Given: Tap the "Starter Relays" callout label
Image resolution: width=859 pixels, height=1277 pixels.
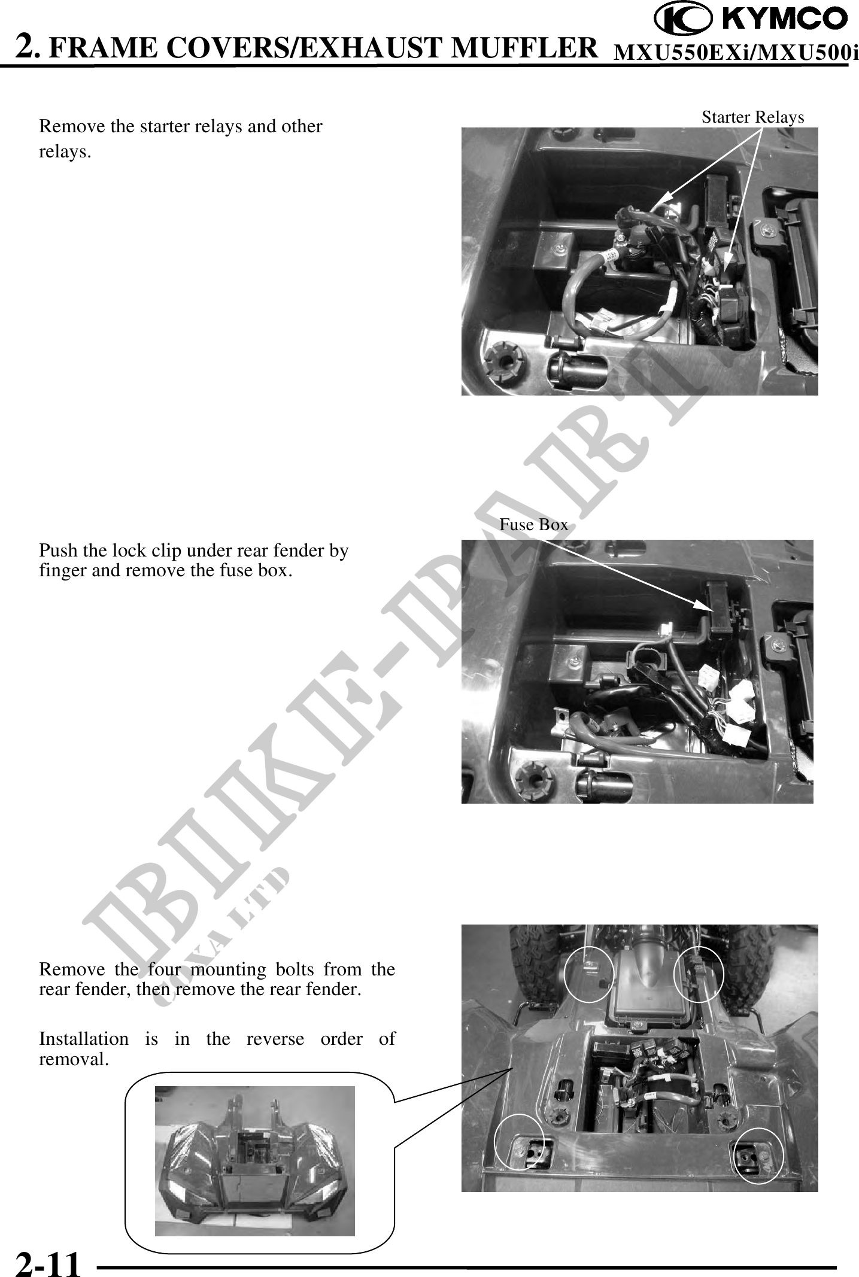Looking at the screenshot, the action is point(752,117).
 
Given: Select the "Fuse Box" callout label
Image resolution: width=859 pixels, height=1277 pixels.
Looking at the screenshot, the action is point(533,525).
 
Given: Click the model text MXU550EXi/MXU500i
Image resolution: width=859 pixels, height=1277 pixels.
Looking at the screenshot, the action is point(736,53).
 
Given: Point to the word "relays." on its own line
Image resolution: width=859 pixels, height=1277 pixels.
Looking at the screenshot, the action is point(65,153).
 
